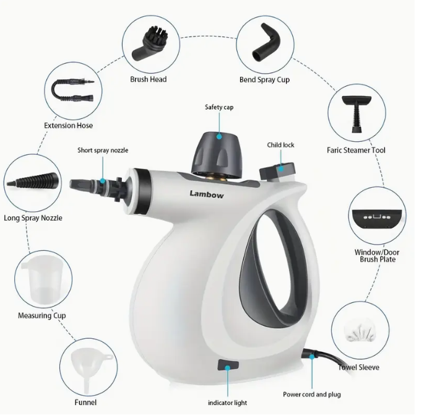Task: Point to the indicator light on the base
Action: [x=227, y=365]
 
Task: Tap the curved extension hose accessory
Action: [x=68, y=94]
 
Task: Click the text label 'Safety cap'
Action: [x=219, y=107]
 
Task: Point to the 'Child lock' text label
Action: [x=280, y=145]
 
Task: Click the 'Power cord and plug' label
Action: [x=311, y=395]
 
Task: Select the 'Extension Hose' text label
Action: [x=68, y=126]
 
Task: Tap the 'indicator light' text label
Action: [x=227, y=403]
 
